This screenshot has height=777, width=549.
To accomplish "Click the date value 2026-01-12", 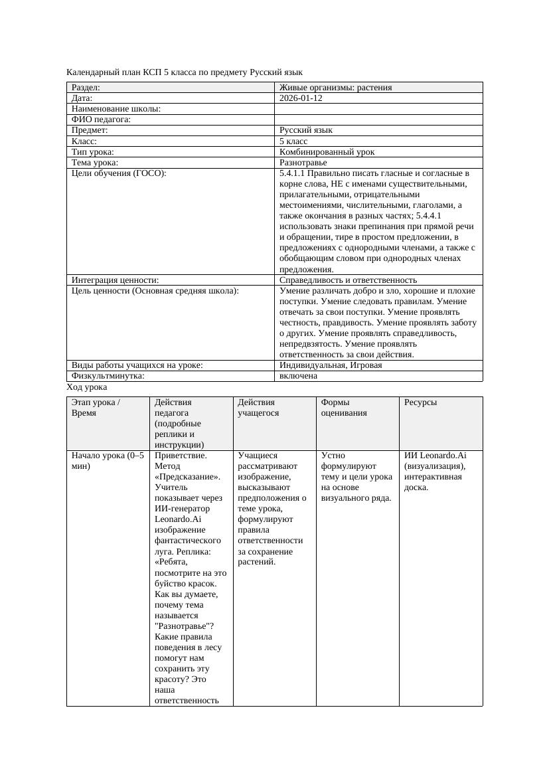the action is [302, 98].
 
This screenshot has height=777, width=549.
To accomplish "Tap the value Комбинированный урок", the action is [327, 152].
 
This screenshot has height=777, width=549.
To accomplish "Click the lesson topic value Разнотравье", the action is [303, 163].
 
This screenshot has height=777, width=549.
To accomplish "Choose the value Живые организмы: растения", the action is [335, 88].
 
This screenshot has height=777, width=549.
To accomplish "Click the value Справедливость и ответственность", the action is [348, 280].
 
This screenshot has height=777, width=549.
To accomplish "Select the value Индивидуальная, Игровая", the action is [331, 365].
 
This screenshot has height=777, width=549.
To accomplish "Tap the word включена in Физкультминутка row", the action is [298, 376].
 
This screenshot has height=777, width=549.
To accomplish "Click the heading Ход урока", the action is [87, 387].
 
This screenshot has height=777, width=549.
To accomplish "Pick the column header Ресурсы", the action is [420, 402].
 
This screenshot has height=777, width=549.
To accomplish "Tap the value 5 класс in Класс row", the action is [293, 141].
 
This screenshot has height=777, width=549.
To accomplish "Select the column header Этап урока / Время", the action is [96, 408].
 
